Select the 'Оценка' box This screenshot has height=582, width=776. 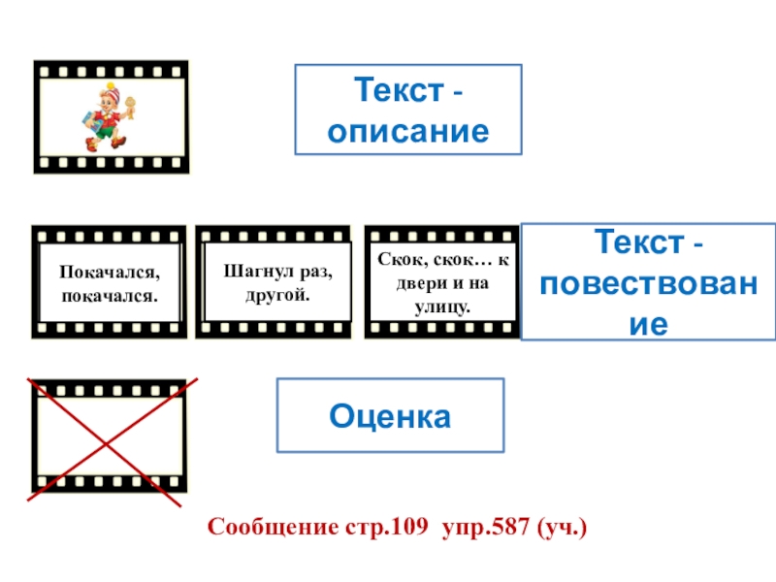tap(391, 416)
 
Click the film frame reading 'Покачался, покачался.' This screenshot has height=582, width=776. tap(109, 282)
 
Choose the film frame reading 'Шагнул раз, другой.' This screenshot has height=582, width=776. tap(273, 282)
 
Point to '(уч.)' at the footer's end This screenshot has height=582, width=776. tap(564, 529)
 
